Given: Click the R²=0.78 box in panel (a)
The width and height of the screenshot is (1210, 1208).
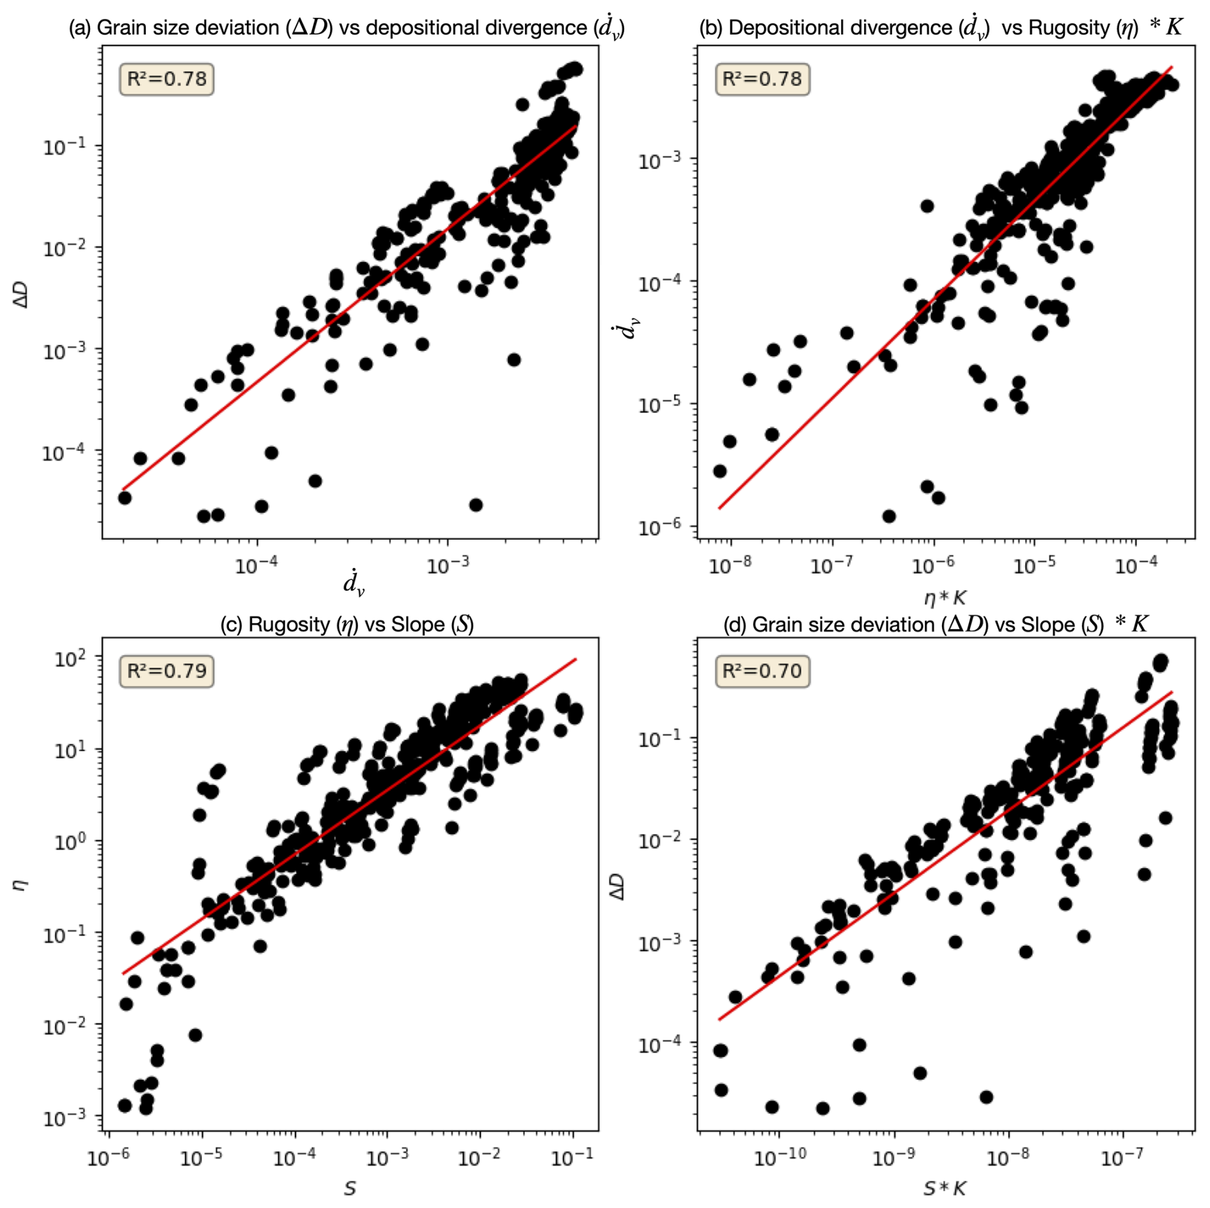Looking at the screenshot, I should click(166, 79).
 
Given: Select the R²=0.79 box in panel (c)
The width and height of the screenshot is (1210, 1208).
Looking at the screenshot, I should click(166, 671).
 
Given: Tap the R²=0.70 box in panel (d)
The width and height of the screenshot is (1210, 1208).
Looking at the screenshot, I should click(762, 671).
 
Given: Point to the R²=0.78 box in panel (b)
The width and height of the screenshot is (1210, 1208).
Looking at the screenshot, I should click(762, 79).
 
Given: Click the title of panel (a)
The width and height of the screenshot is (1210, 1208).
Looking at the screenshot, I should click(347, 28).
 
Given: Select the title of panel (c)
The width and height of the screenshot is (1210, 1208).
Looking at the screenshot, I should click(347, 624).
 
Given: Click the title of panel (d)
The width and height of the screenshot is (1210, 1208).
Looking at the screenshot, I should click(936, 624).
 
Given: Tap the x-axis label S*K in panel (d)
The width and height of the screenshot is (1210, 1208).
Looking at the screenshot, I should click(944, 1189).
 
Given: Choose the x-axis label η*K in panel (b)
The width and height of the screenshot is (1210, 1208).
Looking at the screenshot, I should click(945, 598).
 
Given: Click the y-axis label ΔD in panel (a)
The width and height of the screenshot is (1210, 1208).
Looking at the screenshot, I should click(22, 295).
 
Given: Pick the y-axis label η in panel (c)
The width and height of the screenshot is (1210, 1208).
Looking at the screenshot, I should click(22, 884).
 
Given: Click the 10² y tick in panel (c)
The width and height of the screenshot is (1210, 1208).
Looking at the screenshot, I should click(68, 658).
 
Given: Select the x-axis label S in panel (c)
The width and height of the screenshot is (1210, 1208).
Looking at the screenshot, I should click(350, 1189).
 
